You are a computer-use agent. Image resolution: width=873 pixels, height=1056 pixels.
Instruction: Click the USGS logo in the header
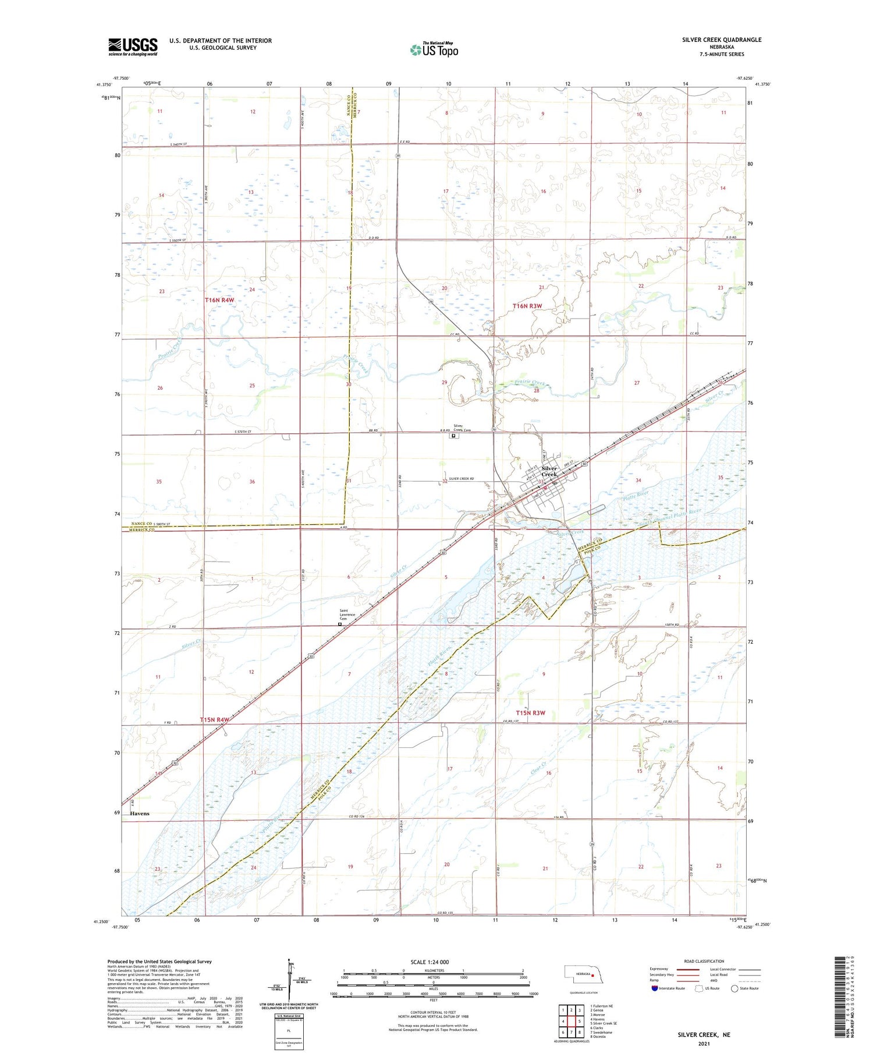pos(133,47)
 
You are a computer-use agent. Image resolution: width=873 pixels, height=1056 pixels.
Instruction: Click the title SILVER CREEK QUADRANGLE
pos(721,40)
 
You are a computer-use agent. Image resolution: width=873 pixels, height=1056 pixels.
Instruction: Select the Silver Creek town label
pos(549,471)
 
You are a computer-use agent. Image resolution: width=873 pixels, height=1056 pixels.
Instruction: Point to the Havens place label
pos(140,814)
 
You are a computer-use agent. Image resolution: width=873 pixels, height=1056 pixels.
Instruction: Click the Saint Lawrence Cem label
pos(347,614)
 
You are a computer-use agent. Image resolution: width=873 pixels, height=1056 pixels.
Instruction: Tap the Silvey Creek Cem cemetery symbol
pos(453,435)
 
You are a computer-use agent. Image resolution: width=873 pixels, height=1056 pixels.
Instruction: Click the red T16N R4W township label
pos(219,300)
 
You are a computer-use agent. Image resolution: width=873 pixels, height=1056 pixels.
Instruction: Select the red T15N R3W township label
pos(531,713)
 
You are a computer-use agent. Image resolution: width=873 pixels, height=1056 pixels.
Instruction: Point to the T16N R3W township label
pos(527,306)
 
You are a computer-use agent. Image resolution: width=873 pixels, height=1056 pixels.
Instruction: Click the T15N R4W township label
pos(215,720)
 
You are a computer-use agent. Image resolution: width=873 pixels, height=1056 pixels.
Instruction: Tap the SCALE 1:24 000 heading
pos(430,962)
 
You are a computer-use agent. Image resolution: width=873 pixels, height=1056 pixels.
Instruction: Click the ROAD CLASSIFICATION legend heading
pos(704,961)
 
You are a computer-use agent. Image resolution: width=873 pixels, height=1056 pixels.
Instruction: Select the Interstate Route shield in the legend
pos(655,988)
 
